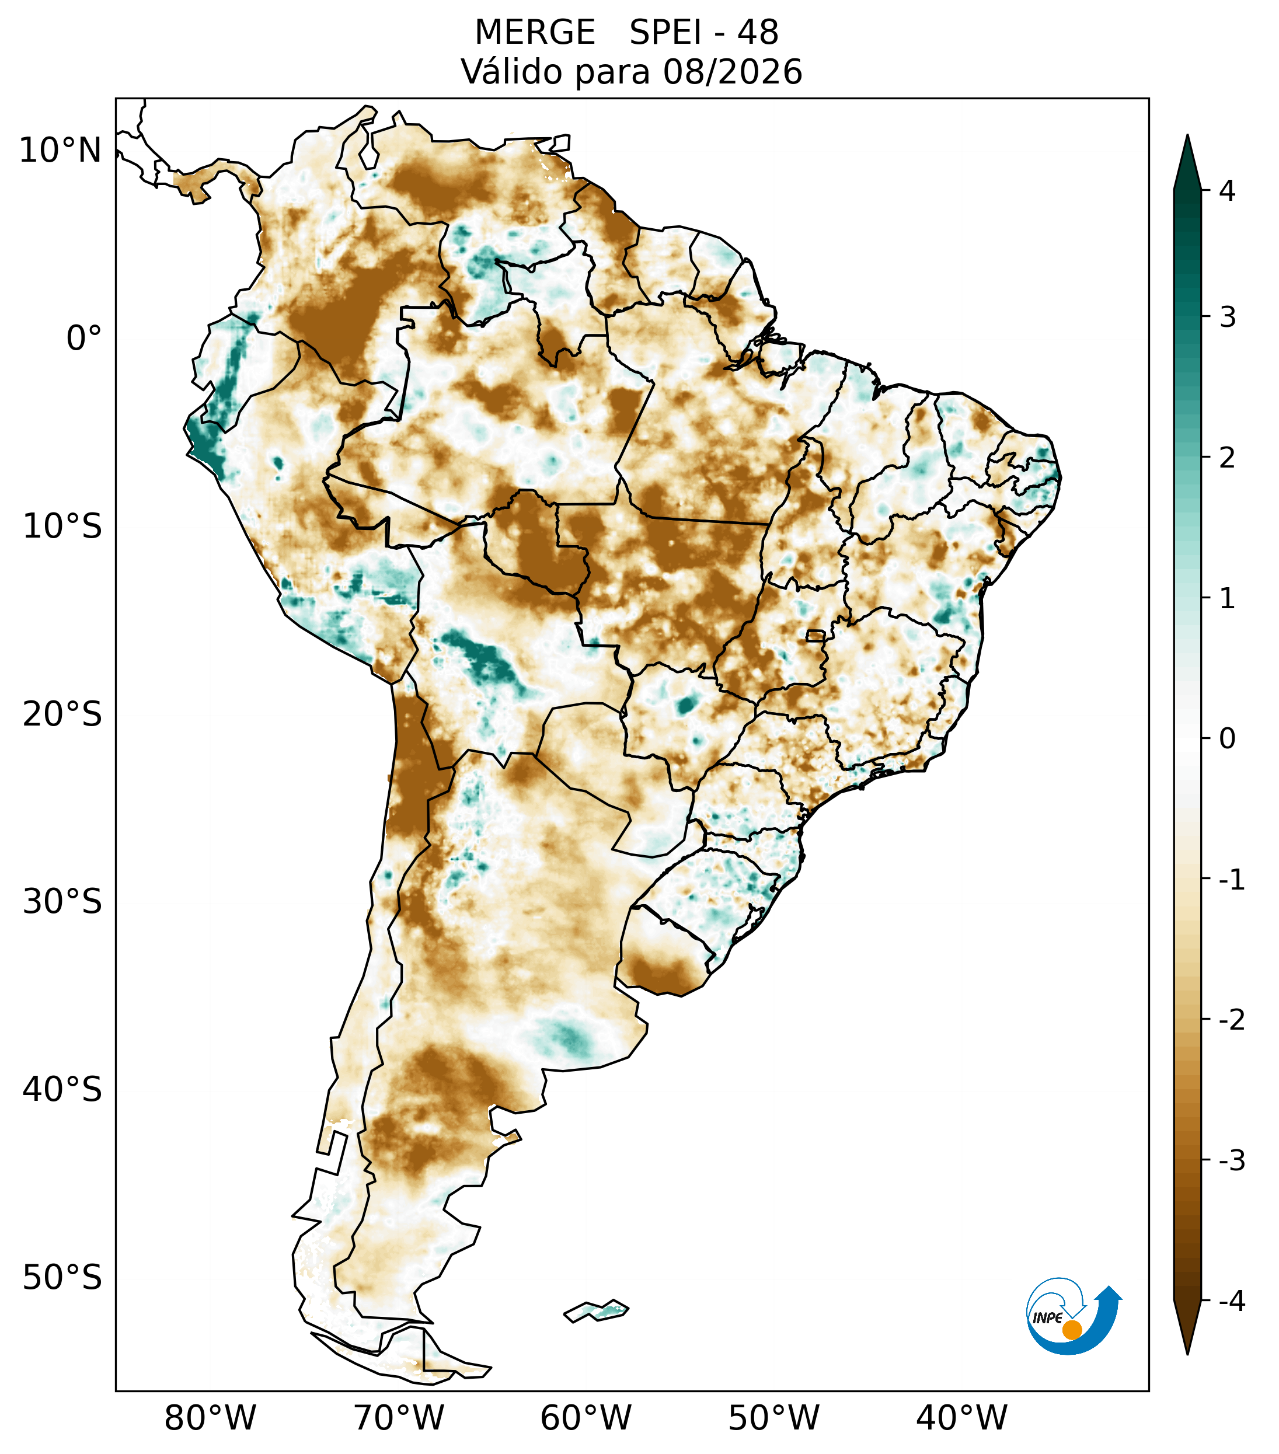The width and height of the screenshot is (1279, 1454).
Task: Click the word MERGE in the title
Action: (534, 33)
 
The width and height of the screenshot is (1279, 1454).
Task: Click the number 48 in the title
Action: (758, 33)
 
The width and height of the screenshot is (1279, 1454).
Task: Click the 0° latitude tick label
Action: (84, 338)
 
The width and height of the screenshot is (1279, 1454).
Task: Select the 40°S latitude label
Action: (62, 1089)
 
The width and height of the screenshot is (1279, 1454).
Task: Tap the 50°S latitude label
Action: (62, 1278)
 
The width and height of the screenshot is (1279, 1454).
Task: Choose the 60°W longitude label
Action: (586, 1418)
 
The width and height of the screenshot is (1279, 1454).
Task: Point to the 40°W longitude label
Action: (962, 1418)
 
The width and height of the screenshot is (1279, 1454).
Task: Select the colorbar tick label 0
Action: (1227, 739)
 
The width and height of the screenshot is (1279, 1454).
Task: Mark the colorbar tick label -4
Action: (1231, 1302)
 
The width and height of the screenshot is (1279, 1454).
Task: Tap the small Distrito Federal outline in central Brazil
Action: (815, 635)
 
